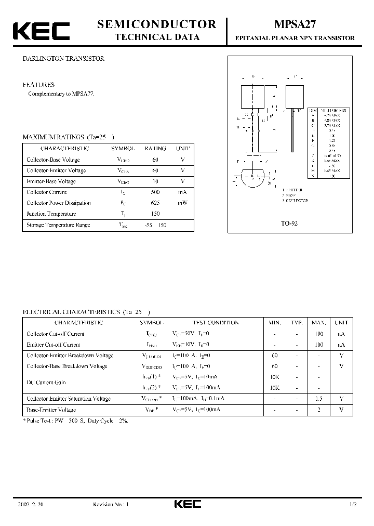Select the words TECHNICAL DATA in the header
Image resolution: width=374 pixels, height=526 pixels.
[157, 37]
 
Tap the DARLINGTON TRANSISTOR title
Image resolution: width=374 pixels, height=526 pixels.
[63, 59]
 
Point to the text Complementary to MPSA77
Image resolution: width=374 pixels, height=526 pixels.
[61, 94]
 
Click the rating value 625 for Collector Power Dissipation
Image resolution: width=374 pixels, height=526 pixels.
[155, 203]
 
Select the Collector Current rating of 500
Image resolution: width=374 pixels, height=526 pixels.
[155, 192]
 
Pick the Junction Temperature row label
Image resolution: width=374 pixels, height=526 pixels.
[51, 214]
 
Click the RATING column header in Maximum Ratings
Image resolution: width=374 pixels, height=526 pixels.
[155, 149]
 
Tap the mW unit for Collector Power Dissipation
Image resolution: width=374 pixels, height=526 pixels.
[182, 203]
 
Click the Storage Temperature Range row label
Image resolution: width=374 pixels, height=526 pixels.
[58, 225]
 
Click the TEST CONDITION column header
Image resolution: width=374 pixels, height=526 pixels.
[216, 323]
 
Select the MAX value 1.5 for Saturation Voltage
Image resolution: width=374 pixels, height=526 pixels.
[318, 399]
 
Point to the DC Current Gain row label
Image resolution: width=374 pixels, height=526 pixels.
[46, 382]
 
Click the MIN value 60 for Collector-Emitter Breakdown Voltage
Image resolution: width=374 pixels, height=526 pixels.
[275, 356]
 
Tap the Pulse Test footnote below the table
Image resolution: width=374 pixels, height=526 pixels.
[75, 420]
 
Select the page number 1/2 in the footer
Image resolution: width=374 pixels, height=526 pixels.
[354, 504]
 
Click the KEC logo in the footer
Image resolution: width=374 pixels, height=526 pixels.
[186, 504]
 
